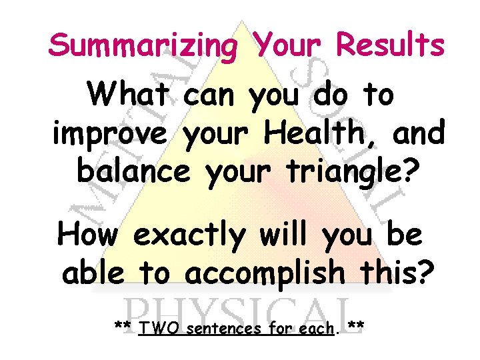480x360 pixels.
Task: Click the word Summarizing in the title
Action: point(143,46)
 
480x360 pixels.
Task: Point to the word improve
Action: point(109,134)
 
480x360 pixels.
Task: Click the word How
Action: point(90,234)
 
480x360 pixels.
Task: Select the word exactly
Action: point(190,235)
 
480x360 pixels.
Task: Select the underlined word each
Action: point(315,327)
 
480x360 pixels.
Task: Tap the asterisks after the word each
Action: point(355,326)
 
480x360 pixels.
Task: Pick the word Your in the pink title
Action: point(287,46)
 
